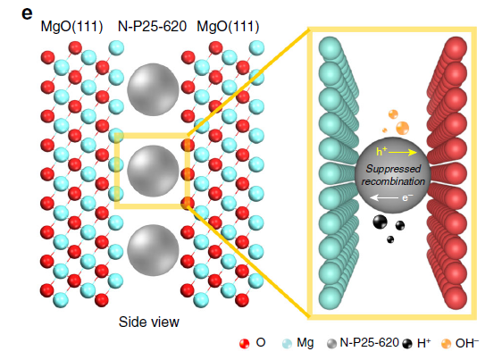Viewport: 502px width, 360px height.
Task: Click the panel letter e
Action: click(27, 14)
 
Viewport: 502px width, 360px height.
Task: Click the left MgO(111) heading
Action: click(71, 27)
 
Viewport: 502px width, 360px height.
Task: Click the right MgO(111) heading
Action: click(228, 27)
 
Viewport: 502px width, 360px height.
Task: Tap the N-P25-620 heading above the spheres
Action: click(152, 26)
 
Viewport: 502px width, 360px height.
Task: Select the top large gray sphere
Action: click(153, 89)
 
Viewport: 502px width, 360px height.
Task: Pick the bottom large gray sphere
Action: click(153, 250)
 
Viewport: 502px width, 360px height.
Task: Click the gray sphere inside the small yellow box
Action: click(153, 171)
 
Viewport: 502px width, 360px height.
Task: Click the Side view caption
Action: click(149, 322)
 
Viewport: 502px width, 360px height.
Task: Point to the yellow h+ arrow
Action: click(403, 153)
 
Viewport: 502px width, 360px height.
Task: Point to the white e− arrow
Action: click(384, 198)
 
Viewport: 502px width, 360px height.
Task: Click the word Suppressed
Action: click(393, 169)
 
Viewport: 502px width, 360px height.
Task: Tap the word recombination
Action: click(393, 181)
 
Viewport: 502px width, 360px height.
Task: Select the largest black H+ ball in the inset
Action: click(380, 222)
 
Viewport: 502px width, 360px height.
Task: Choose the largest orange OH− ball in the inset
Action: click(403, 128)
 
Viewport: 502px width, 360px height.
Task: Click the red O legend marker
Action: click(244, 344)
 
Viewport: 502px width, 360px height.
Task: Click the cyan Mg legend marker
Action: click(288, 344)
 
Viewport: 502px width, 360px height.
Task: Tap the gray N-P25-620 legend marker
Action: click(331, 344)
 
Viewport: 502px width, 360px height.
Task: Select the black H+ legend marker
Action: click(407, 344)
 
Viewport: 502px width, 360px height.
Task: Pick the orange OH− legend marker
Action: click(446, 344)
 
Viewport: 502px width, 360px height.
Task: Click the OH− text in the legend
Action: click(467, 343)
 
